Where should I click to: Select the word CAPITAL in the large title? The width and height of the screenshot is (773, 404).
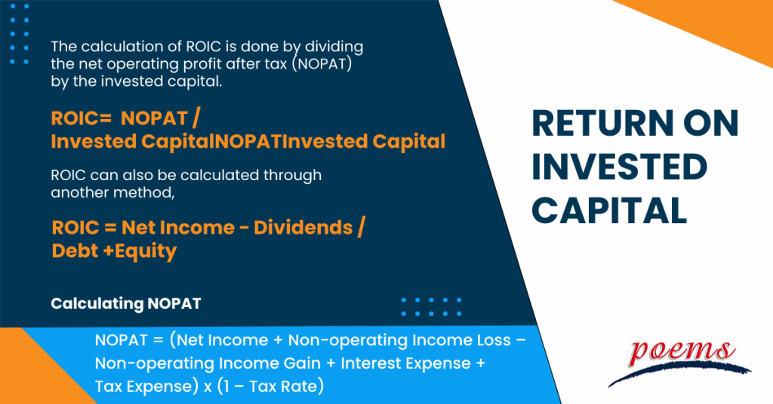tap(609, 210)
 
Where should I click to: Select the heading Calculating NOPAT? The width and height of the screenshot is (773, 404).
tap(125, 304)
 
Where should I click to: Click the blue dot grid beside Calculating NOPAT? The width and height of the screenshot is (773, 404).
tap(431, 306)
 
